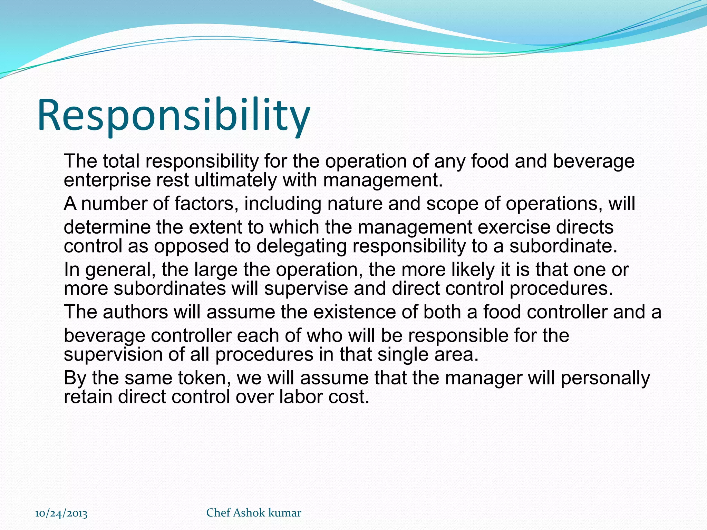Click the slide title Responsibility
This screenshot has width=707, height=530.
pos(174,116)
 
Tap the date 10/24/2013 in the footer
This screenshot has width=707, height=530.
pos(61,513)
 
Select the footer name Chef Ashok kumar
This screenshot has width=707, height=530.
pos(254,513)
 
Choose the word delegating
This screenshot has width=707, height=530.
pos(301,247)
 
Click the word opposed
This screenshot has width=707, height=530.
pos(191,247)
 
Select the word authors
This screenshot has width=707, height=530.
pos(135,312)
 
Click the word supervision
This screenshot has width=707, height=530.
pos(113,355)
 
